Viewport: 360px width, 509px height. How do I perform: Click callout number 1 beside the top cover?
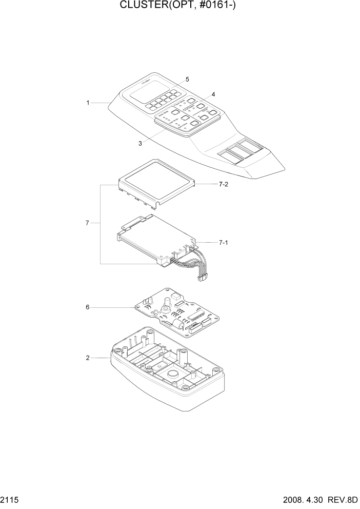pyautogui.click(x=88, y=103)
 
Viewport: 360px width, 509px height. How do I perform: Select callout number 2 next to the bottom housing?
pyautogui.click(x=88, y=358)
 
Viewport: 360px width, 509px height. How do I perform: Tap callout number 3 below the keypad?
pyautogui.click(x=140, y=144)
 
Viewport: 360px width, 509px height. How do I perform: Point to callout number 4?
pyautogui.click(x=213, y=94)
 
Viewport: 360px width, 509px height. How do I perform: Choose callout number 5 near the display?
pyautogui.click(x=187, y=80)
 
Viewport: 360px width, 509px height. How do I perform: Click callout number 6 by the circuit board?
pyautogui.click(x=88, y=307)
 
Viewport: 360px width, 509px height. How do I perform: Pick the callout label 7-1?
pyautogui.click(x=223, y=242)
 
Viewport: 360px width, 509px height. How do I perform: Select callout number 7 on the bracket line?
pyautogui.click(x=88, y=223)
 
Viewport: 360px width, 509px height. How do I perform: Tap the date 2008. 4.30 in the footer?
pyautogui.click(x=301, y=500)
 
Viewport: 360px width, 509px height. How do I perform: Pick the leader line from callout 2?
pyautogui.click(x=100, y=358)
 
